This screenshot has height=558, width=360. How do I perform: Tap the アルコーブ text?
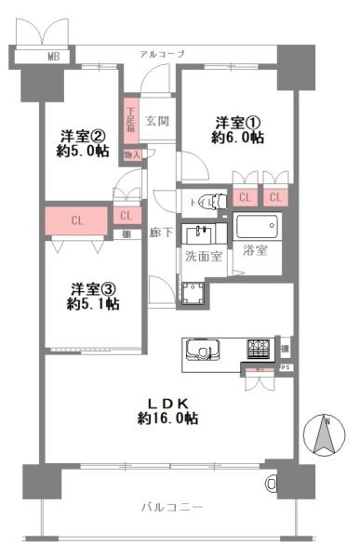tap(162, 55)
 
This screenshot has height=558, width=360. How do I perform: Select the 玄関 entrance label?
tap(157, 121)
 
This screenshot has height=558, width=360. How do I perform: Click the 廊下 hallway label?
tap(157, 235)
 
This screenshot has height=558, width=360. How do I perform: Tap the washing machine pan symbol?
tap(194, 295)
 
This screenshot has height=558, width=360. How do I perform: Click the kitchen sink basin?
tap(203, 352)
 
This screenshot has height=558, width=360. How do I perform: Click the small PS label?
tap(286, 368)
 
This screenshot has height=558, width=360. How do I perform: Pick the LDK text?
tap(168, 401)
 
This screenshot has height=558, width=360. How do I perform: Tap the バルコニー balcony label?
tap(171, 507)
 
